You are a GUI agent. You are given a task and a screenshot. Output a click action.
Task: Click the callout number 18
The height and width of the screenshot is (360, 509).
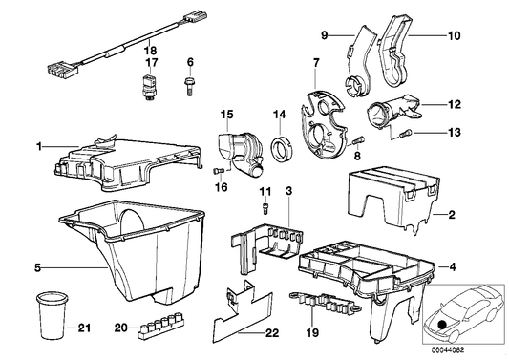151,51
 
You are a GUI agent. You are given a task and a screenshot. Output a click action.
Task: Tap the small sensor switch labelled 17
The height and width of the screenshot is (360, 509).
148,88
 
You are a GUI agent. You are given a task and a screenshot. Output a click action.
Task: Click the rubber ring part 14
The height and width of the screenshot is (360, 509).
282,149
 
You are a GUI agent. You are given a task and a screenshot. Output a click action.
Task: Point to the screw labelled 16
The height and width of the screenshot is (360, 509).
219,171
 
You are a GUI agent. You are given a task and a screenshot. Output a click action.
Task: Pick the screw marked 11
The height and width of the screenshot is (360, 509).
265,208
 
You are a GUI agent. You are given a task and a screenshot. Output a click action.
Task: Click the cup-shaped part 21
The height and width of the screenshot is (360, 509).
52,316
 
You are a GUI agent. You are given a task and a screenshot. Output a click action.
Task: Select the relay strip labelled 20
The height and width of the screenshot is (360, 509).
161,326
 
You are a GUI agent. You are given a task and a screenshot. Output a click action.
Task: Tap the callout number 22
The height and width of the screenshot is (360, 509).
272,333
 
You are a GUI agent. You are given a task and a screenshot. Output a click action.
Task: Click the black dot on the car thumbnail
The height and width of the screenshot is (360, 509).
442,326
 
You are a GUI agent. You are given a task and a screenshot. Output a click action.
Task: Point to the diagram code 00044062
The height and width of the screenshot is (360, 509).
448,349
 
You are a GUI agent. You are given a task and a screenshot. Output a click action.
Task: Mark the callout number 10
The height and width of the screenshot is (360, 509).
455,35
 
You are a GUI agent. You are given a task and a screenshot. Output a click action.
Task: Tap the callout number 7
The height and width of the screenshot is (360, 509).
316,62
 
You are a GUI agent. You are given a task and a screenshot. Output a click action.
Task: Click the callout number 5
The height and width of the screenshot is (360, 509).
38,268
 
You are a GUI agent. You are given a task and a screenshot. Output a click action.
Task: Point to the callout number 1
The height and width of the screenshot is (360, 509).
39,147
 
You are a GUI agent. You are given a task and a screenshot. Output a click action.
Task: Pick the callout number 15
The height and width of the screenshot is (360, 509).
227,115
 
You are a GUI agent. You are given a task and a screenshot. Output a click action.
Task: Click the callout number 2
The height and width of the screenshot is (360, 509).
452,215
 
